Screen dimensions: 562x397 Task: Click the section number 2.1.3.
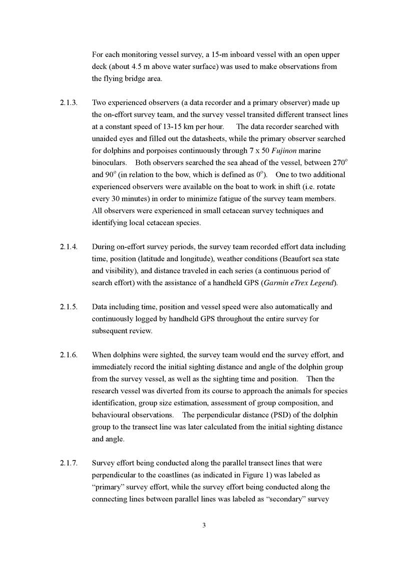tap(69, 103)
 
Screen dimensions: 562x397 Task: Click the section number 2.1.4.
tap(69, 247)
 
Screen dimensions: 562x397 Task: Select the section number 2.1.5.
tap(69, 307)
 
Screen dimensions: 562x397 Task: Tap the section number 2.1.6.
tap(69, 355)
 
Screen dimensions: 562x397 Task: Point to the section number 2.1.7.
tap(69, 463)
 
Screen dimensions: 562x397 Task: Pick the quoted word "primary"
tap(108, 487)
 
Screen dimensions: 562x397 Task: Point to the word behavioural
tap(112, 415)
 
